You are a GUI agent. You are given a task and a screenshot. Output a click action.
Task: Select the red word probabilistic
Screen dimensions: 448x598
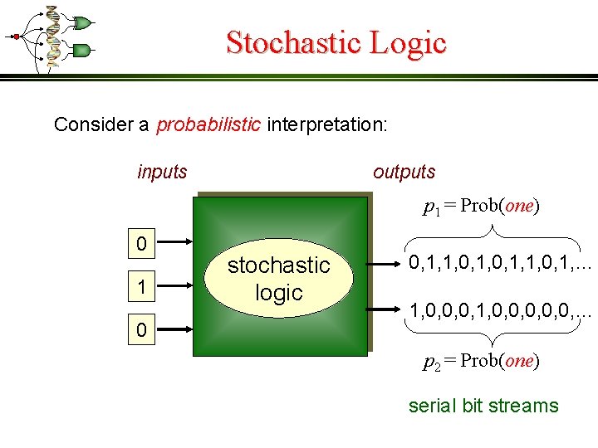(208, 124)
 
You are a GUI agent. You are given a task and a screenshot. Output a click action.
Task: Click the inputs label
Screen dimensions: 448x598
(162, 172)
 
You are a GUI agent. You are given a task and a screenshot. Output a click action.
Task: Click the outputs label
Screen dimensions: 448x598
(404, 172)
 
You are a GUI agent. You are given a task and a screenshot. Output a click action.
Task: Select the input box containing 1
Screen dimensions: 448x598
(142, 286)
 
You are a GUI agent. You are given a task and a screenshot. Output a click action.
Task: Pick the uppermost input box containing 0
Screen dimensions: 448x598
(142, 244)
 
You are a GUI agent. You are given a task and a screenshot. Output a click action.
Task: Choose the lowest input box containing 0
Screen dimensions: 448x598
(142, 330)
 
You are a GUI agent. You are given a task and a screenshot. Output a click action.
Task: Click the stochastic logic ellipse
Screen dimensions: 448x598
(279, 278)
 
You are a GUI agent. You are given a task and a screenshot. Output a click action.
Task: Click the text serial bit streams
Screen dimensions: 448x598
(483, 406)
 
